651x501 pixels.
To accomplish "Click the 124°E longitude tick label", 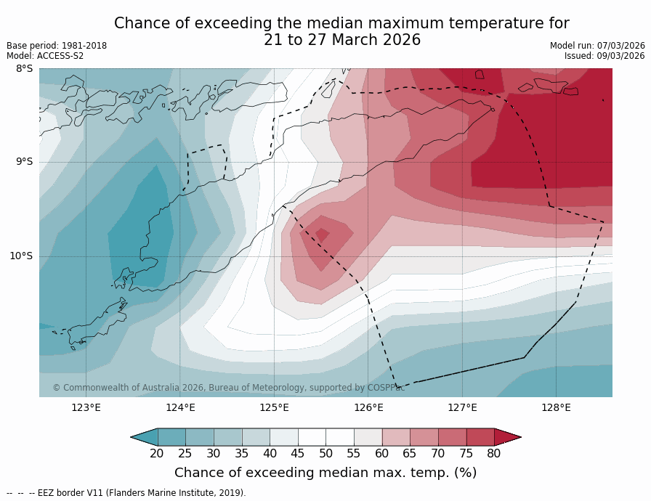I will pos(180,407).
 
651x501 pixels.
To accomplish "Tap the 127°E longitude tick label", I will pos(462,407).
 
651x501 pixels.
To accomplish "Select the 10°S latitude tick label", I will pos(21,256).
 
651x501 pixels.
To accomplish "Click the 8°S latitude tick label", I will pos(24,69).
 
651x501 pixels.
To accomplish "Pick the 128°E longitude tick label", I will pos(556,407).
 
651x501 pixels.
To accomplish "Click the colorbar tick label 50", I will pos(325,454).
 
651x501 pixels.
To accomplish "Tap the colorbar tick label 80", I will pos(494,454).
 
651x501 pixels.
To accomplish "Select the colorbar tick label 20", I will pos(157,454).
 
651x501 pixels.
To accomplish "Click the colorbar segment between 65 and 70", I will pos(424,436).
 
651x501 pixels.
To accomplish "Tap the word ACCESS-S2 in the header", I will pos(60,56).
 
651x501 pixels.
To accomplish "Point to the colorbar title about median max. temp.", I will pos(325,473).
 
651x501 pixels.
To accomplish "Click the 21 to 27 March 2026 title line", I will pos(341,40).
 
